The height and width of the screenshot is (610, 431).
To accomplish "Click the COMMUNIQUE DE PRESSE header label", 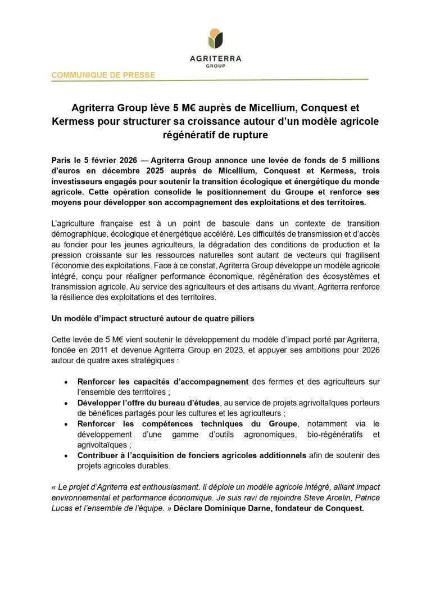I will click(x=103, y=75).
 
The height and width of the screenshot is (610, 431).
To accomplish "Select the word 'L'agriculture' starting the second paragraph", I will click(x=75, y=224).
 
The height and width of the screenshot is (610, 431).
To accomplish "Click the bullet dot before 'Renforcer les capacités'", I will click(x=67, y=381).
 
